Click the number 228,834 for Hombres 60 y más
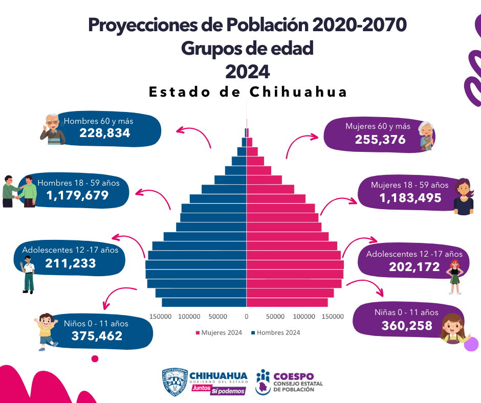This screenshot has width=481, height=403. point(105,133)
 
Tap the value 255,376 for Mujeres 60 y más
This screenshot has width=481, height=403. point(380,139)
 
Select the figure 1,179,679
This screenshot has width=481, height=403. point(77,195)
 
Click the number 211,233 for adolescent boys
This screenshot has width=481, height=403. point(70,263)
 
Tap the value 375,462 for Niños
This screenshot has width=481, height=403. point(97,335)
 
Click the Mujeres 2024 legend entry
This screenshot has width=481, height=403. point(218,332)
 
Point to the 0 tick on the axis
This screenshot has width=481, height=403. point(247,317)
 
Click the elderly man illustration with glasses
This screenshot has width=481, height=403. point(52,129)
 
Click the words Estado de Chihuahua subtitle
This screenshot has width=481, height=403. point(248,92)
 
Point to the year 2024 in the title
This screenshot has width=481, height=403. point(248,71)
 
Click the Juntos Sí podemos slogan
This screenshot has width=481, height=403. point(218,390)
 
